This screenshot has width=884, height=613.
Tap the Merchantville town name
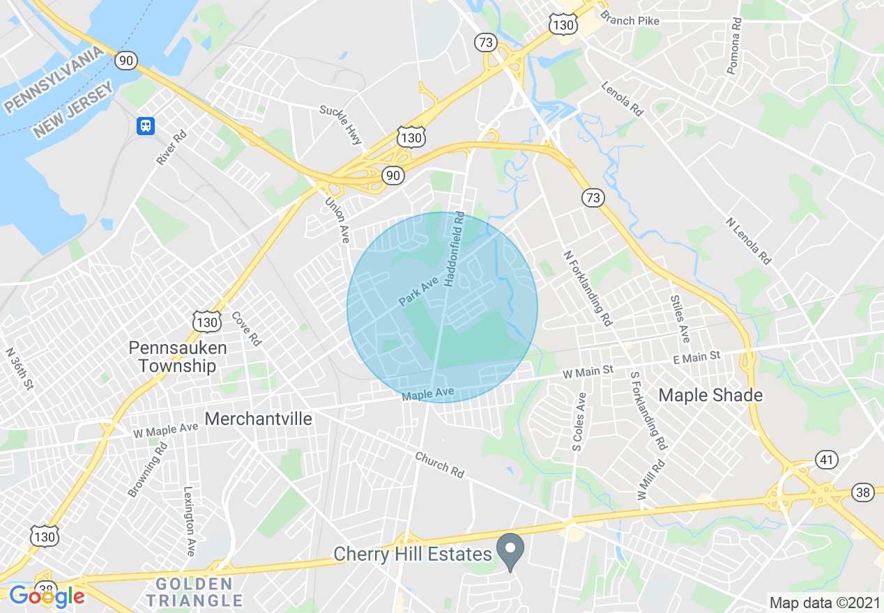click(x=258, y=419)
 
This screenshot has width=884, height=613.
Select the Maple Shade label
click(x=710, y=396)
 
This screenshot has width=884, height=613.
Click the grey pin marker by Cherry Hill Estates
click(x=510, y=550)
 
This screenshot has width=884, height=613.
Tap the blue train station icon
click(x=145, y=125)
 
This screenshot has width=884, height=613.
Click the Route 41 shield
click(x=826, y=460)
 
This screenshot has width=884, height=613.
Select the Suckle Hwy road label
click(x=341, y=125)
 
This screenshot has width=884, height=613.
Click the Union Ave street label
click(x=337, y=219)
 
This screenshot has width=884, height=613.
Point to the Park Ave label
click(x=418, y=291)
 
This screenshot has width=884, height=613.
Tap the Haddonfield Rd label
click(x=453, y=248)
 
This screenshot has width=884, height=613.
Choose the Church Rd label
click(x=439, y=465)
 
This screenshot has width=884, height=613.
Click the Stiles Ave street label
click(x=680, y=318)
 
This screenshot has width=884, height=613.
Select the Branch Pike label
click(x=630, y=20)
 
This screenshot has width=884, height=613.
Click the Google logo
click(x=47, y=596)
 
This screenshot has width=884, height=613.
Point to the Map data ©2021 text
click(x=825, y=601)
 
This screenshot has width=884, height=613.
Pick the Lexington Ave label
click(x=188, y=520)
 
